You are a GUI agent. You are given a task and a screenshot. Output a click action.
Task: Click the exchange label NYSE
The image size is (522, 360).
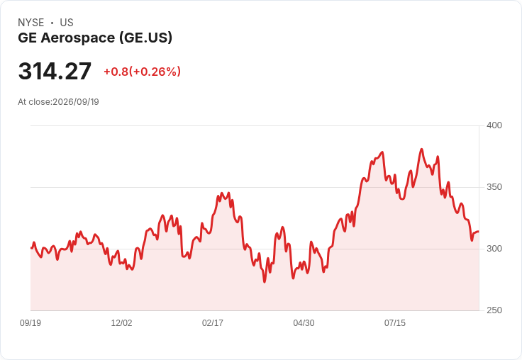tap(31, 23)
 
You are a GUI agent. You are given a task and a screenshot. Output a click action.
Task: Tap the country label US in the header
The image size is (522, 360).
tap(67, 23)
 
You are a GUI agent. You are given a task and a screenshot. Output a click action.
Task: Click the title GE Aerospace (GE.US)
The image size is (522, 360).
tap(95, 38)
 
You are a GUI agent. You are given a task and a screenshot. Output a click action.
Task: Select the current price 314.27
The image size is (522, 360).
tap(55, 71)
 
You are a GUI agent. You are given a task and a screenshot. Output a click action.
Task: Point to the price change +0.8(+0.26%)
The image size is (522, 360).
tap(142, 72)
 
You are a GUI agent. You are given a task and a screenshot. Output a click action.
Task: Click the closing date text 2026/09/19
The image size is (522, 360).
tap(76, 102)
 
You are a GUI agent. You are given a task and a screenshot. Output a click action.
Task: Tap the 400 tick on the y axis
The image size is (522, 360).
tap(494, 125)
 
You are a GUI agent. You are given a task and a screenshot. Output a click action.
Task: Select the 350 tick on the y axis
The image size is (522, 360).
tap(494, 187)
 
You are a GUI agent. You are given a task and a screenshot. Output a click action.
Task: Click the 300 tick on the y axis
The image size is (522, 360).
tap(494, 249)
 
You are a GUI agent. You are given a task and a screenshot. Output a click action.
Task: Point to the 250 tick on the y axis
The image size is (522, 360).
tap(494, 310)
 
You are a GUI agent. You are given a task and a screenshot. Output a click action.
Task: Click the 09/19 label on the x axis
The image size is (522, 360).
tap(30, 322)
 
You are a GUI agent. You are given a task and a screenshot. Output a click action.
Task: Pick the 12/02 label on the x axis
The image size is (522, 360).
tap(121, 322)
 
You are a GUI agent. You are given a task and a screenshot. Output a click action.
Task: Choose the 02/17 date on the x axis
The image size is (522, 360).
tap(213, 322)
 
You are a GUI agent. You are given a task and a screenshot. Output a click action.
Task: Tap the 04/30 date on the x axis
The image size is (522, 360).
tap(304, 322)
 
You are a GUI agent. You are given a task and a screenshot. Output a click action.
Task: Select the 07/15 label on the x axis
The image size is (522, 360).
tap(395, 322)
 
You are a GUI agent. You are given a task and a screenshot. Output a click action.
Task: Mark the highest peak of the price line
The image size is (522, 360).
tap(421, 149)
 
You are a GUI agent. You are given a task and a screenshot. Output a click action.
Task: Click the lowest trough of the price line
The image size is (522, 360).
tap(265, 282)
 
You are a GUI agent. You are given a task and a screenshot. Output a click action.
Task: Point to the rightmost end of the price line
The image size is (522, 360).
tap(479, 231)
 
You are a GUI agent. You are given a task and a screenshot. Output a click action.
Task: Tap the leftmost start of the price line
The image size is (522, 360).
tap(31, 248)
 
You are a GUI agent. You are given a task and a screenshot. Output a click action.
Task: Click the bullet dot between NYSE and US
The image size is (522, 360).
tap(52, 23)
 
